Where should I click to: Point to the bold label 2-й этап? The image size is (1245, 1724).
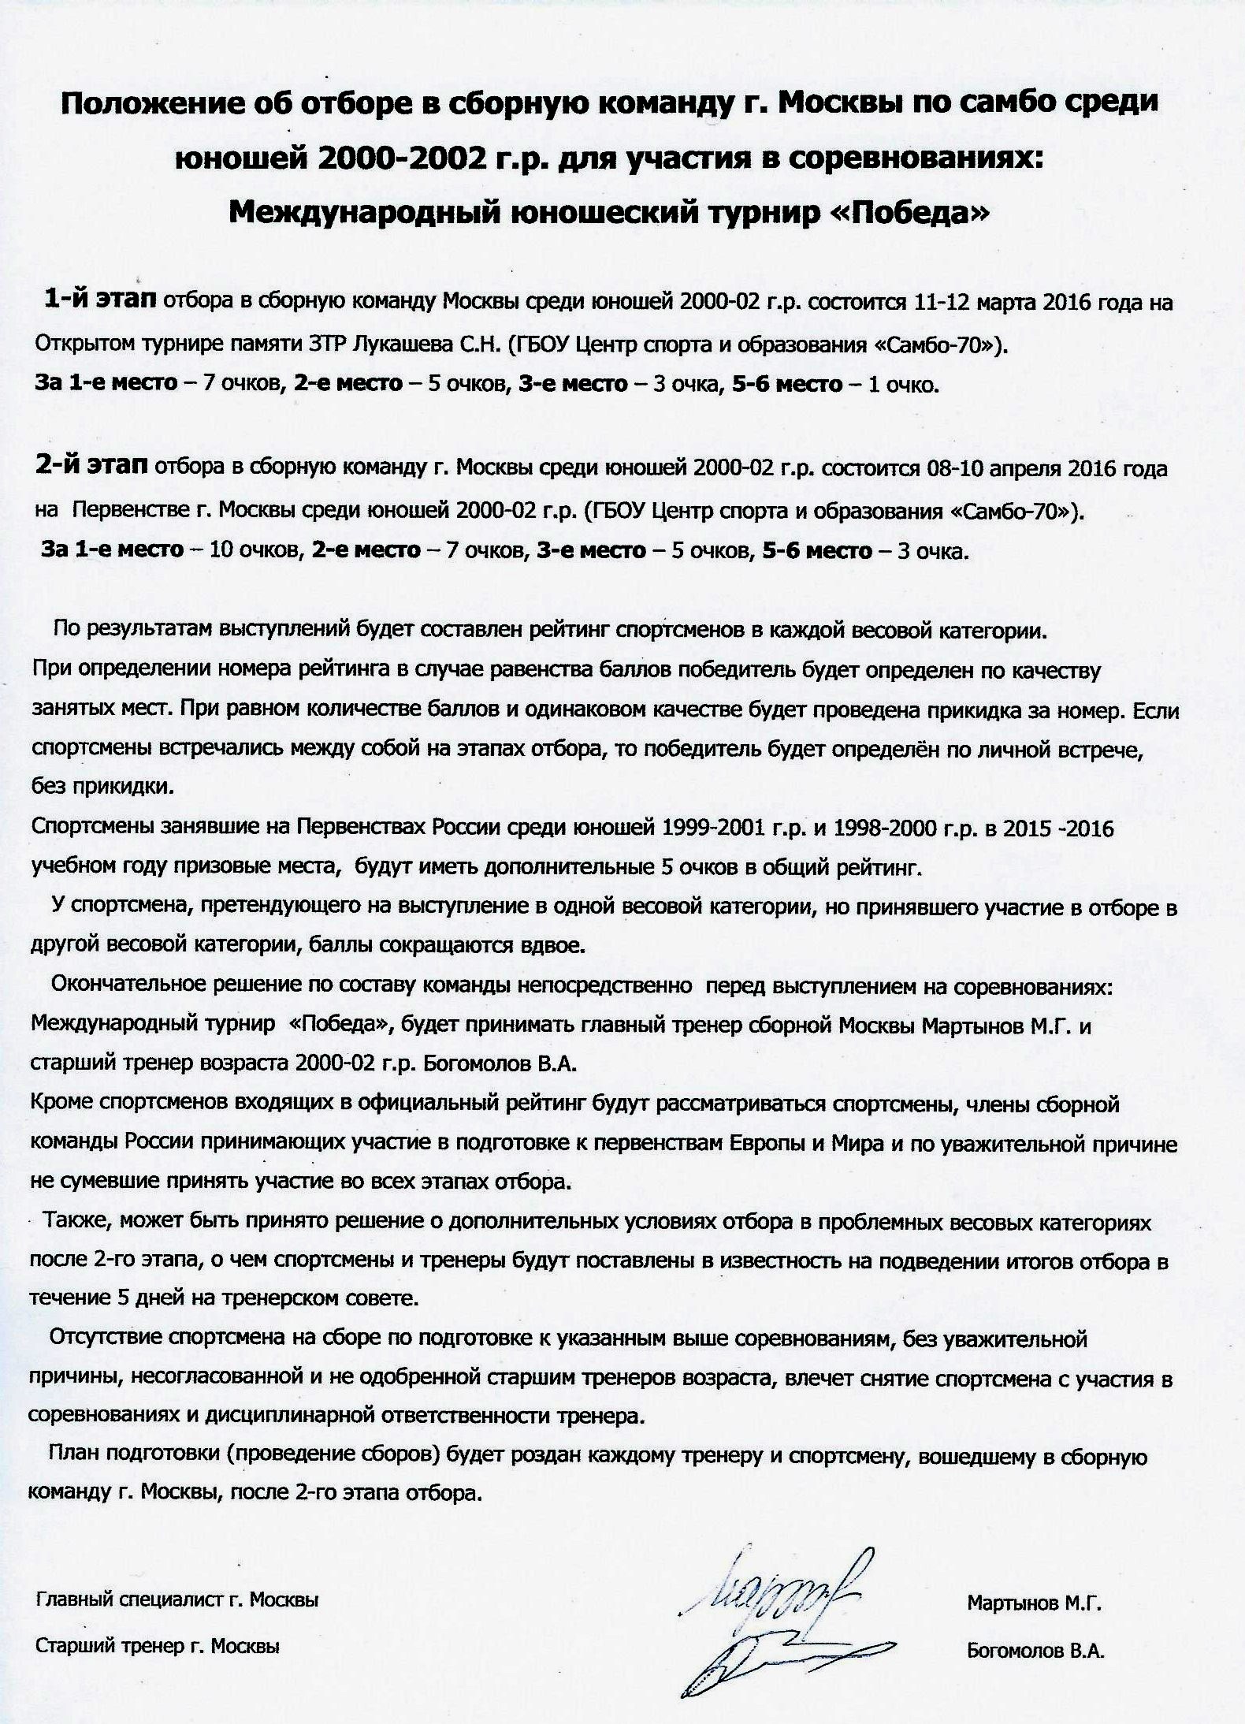coord(91,466)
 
